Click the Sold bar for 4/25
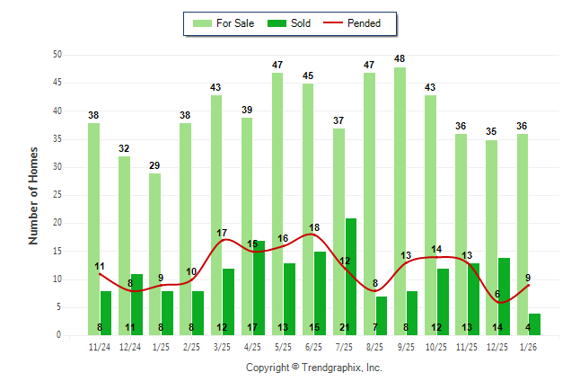[x=259, y=288]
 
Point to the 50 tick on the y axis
[x=57, y=55]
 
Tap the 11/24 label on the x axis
[x=100, y=347]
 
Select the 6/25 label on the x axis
[x=314, y=347]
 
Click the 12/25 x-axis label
[x=498, y=347]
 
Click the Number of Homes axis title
[x=33, y=195]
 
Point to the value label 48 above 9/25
[x=400, y=59]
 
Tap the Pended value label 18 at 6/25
[x=314, y=228]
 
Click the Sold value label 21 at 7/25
[x=351, y=328]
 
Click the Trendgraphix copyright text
[x=314, y=368]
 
